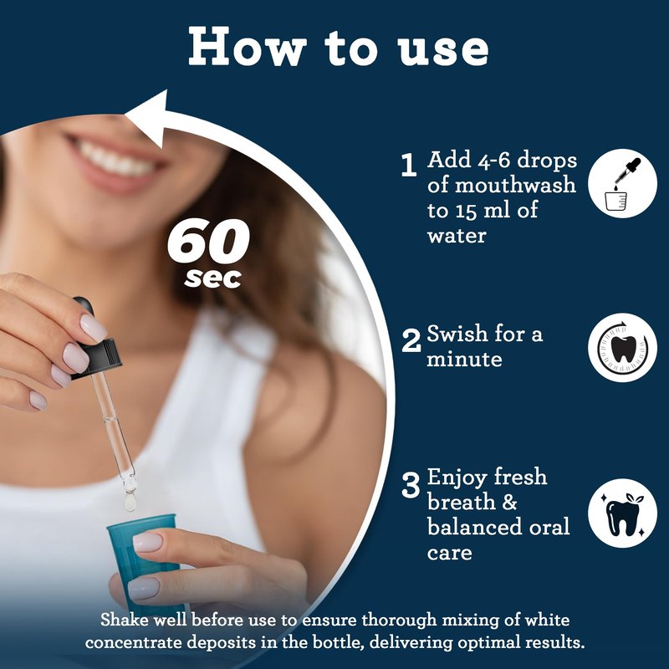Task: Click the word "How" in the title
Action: [248, 47]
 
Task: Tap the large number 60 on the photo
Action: [208, 241]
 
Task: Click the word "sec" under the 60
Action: [213, 278]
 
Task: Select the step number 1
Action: [409, 165]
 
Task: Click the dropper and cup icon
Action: [622, 183]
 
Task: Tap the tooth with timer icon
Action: [622, 347]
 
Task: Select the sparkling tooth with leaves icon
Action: [622, 513]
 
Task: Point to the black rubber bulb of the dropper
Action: [84, 306]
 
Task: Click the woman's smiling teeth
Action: [115, 161]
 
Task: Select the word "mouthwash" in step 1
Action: [515, 185]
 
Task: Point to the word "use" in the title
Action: [444, 50]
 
